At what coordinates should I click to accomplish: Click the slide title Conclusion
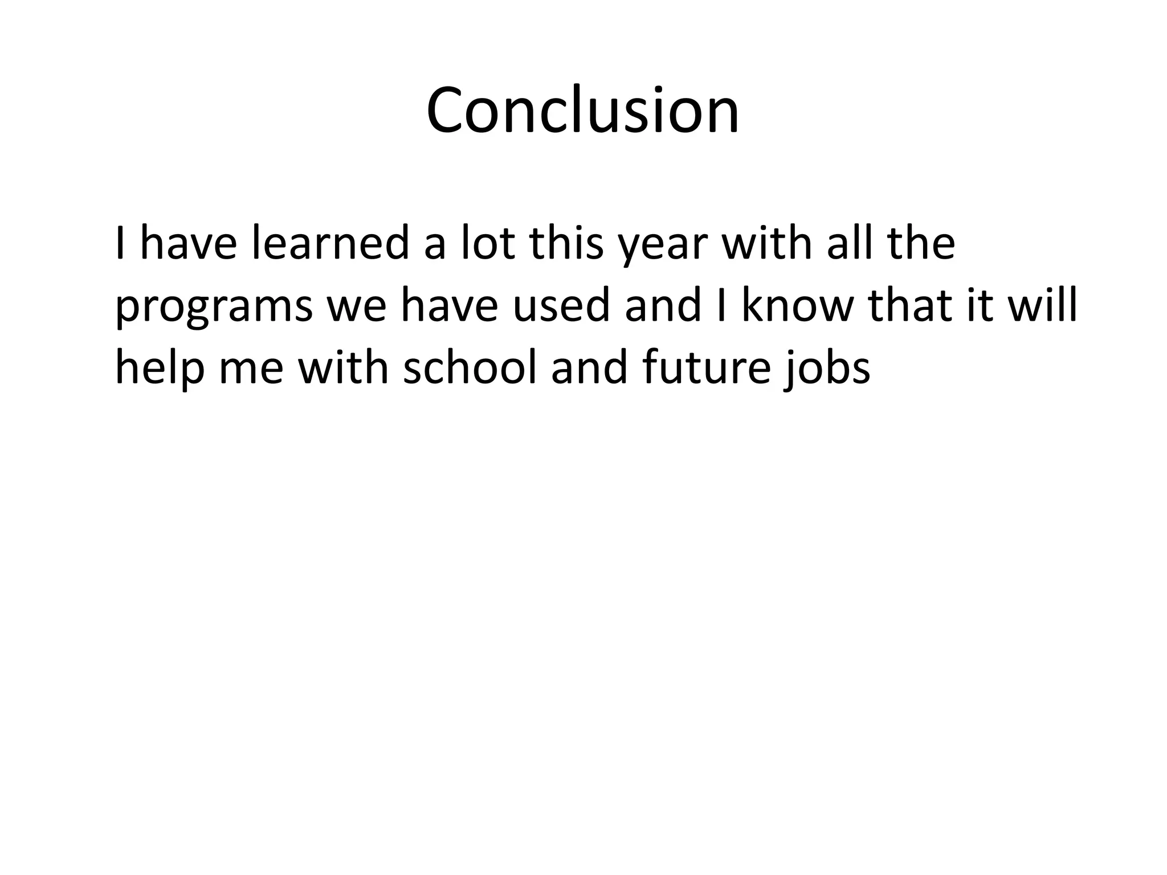coord(582,110)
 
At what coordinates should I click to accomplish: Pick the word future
coord(707,367)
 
